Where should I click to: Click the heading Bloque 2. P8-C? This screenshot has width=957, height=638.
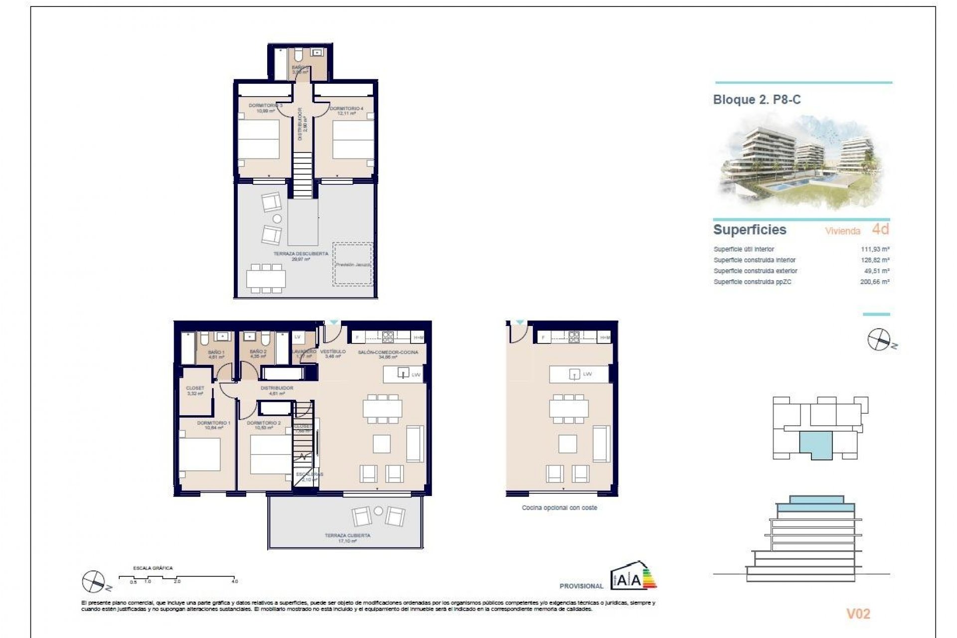coord(757,100)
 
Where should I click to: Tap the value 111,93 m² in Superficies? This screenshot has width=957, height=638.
coord(875,249)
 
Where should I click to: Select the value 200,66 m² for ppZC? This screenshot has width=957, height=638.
coord(875,282)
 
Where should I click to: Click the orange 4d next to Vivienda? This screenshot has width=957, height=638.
coord(880,229)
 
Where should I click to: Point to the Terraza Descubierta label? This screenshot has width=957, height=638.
coord(301,254)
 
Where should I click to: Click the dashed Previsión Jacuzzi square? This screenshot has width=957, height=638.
coord(353,264)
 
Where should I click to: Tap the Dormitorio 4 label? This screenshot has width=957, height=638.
coord(346,109)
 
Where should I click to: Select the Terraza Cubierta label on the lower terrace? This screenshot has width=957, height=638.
coord(347,536)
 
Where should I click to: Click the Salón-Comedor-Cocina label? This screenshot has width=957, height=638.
coord(388,352)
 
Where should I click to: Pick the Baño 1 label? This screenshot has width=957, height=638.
coord(216,352)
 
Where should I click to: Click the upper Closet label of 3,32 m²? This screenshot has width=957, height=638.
coord(195,388)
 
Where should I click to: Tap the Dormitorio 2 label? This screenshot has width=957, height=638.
coord(264,423)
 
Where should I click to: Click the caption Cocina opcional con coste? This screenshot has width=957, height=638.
coord(559,508)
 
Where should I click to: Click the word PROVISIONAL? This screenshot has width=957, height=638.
coord(581,586)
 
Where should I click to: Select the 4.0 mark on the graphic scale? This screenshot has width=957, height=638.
coord(235,581)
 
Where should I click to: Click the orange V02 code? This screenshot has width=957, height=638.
coord(858,614)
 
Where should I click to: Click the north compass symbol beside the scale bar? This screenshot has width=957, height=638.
coord(94,581)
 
